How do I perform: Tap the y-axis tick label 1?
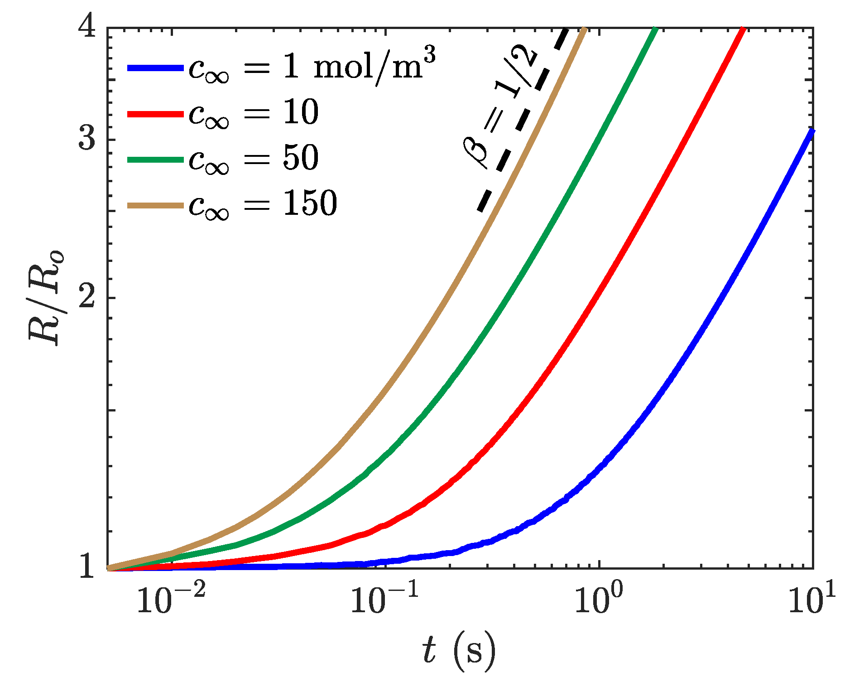click(87, 566)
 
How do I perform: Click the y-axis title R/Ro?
click(45, 298)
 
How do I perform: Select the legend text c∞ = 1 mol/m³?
click(312, 68)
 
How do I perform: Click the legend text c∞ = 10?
click(254, 113)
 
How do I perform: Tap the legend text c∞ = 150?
click(263, 204)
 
